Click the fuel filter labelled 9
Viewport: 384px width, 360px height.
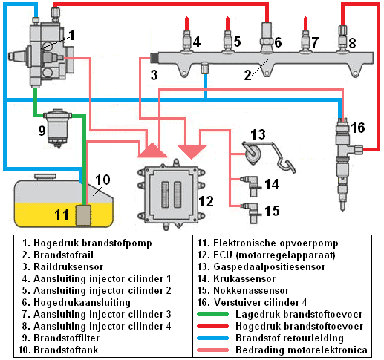click(57, 128)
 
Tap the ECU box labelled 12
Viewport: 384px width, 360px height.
click(172, 194)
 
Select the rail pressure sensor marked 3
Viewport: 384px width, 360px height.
click(154, 59)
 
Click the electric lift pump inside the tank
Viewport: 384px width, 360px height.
click(83, 215)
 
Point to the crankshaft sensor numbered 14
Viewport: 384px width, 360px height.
click(251, 186)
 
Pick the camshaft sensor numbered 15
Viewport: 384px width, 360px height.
click(251, 212)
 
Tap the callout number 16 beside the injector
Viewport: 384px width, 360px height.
click(358, 128)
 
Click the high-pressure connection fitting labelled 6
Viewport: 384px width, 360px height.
click(267, 37)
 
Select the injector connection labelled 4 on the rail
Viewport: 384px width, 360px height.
click(186, 42)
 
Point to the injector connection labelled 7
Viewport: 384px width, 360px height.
click(305, 42)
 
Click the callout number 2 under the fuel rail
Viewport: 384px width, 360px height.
click(247, 75)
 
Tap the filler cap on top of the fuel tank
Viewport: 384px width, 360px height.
click(45, 177)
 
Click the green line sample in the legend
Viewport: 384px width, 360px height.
click(212, 315)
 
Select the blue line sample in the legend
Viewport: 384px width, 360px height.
click(212, 338)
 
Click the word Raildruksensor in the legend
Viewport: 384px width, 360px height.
click(68, 266)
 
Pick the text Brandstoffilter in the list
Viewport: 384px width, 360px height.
click(66, 338)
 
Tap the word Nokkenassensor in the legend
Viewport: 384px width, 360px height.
click(251, 290)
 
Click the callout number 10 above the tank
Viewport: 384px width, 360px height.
click(102, 180)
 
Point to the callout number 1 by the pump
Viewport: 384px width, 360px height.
click(71, 35)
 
